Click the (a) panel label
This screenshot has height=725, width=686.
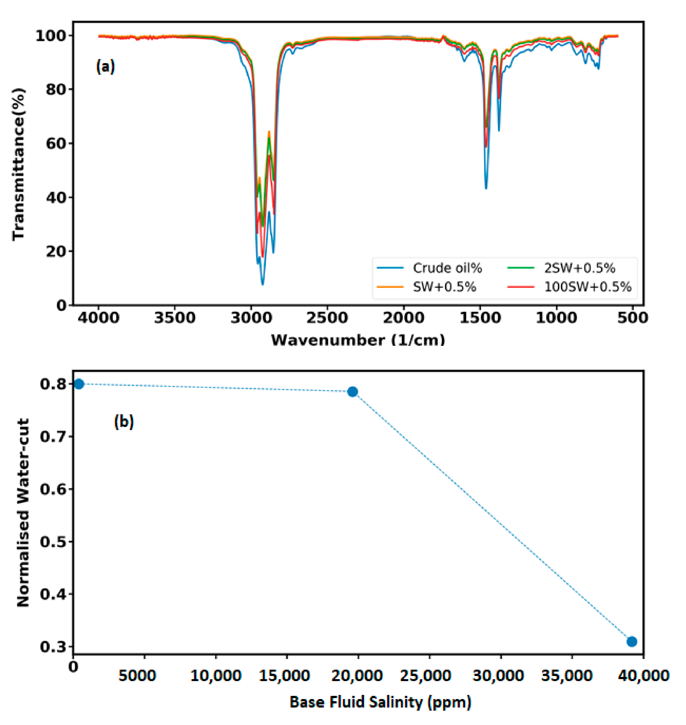pos(105,67)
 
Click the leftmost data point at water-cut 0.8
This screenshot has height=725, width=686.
pos(79,384)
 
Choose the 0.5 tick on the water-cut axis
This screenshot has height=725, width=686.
pos(53,542)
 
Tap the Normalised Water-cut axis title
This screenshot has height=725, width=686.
pos(23,512)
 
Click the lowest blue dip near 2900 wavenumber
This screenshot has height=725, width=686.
pos(262,283)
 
